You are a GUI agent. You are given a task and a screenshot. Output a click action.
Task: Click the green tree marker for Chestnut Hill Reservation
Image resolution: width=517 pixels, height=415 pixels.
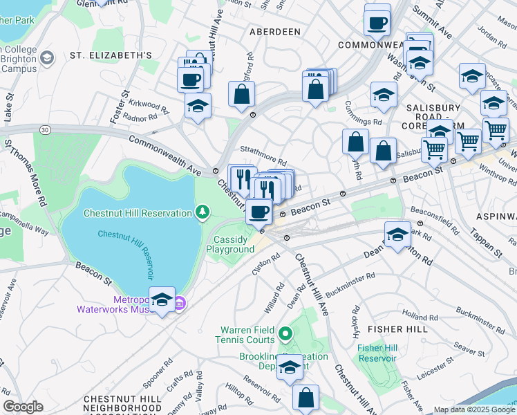(202, 212)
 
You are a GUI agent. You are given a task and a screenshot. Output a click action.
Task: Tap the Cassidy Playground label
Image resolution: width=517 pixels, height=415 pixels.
(234, 244)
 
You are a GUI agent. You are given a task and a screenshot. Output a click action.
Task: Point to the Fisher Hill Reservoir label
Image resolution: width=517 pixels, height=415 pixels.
(377, 353)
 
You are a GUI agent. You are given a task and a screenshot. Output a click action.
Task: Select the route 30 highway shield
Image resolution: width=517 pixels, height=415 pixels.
(45, 129)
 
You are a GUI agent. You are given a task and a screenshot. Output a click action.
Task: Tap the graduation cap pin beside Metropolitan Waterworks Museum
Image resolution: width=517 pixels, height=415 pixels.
(162, 299)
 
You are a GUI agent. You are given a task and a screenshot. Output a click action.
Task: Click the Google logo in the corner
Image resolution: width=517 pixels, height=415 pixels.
(23, 407)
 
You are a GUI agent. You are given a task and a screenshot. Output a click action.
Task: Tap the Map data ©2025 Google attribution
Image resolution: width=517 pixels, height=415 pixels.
(474, 409)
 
